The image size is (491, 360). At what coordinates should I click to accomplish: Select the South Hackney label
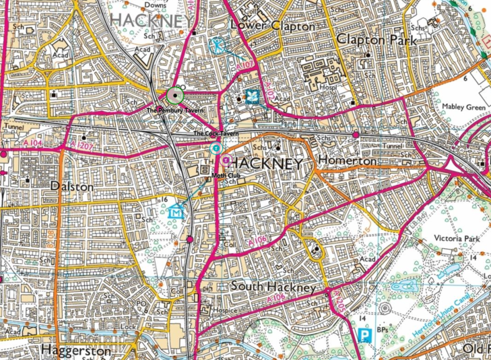click(273, 287)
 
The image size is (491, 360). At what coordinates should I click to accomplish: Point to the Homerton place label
click(350, 161)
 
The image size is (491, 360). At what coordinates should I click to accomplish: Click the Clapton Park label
click(376, 40)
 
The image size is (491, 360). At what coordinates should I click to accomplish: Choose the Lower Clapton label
click(272, 26)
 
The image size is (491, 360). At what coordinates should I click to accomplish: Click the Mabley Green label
click(463, 106)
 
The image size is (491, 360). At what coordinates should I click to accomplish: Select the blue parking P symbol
click(364, 334)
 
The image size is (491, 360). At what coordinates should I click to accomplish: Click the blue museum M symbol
click(176, 211)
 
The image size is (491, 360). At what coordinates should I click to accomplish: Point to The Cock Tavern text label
click(216, 134)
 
